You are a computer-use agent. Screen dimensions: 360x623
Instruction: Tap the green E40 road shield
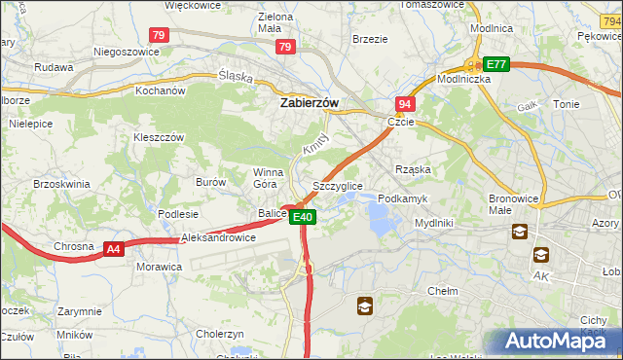pyautogui.click(x=303, y=217)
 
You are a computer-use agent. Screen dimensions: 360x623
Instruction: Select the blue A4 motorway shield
pyautogui.click(x=114, y=249)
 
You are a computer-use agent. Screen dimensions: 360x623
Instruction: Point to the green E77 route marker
pyautogui.click(x=496, y=64)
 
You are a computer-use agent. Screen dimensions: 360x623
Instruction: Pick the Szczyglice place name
pyautogui.click(x=337, y=185)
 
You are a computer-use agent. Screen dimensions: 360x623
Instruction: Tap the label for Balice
pyautogui.click(x=272, y=213)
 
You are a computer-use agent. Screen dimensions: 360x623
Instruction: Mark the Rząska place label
pyautogui.click(x=413, y=169)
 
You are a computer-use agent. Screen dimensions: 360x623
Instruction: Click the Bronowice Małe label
pyautogui.click(x=514, y=203)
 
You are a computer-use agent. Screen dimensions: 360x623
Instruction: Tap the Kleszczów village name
pyautogui.click(x=159, y=137)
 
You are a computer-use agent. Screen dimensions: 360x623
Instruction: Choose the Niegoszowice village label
pyautogui.click(x=125, y=52)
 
